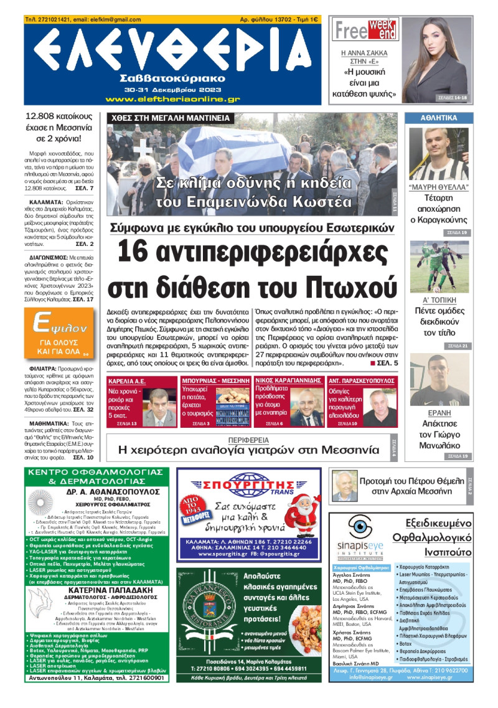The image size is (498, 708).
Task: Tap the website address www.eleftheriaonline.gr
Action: tap(172, 99)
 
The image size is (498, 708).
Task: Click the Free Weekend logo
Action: tap(365, 29)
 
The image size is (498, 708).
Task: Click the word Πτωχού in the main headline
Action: tap(350, 287)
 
